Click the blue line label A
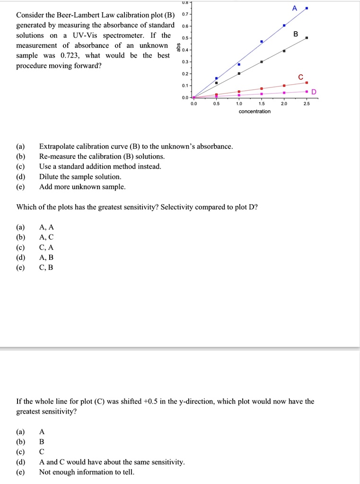295,8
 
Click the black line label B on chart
296,34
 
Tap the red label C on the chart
300,77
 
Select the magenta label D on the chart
314,92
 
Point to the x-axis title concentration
255,112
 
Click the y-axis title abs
178,49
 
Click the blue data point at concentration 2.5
307,9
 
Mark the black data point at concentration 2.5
307,38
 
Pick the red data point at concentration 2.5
307,83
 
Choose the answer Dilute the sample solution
80,177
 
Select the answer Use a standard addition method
100,166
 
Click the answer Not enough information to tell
87,472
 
